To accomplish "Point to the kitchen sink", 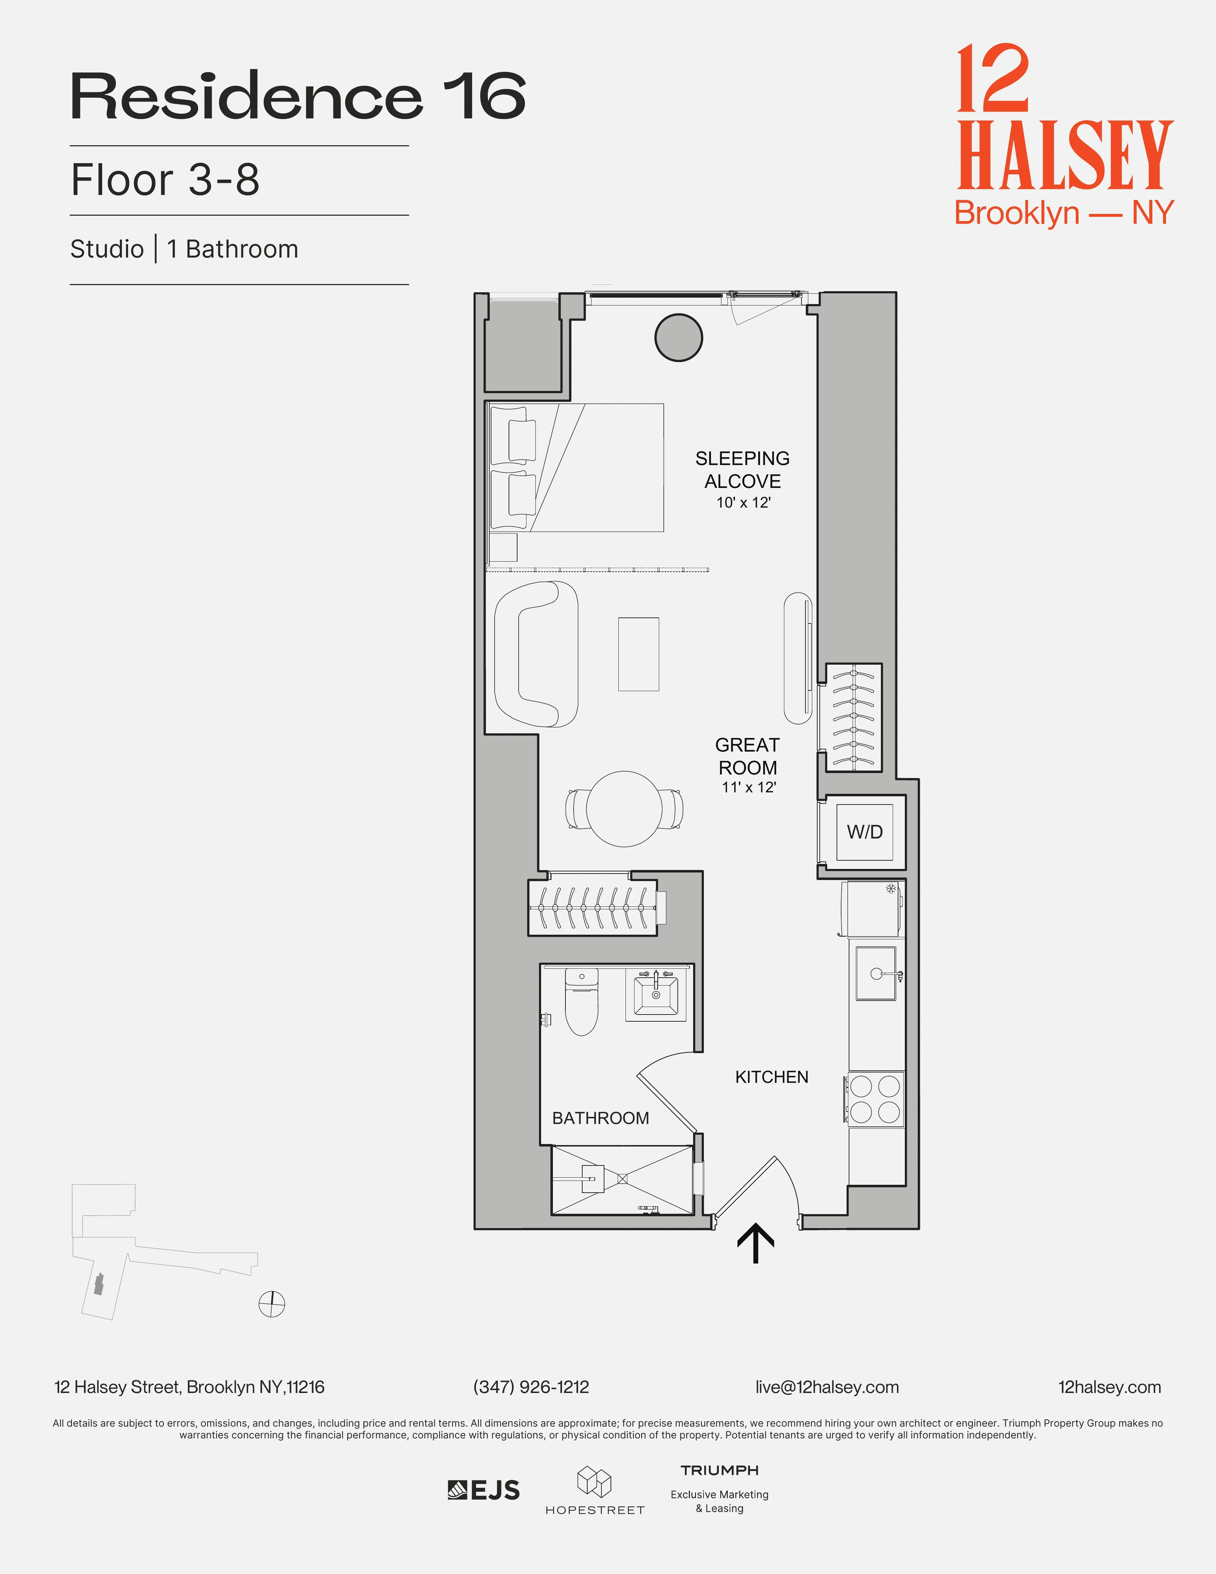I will (876, 974).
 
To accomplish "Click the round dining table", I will (624, 808).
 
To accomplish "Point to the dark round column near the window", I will (678, 337).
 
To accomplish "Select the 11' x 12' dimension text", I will (749, 788).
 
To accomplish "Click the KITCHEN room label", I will (771, 1077).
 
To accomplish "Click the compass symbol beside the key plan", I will (271, 1303).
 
